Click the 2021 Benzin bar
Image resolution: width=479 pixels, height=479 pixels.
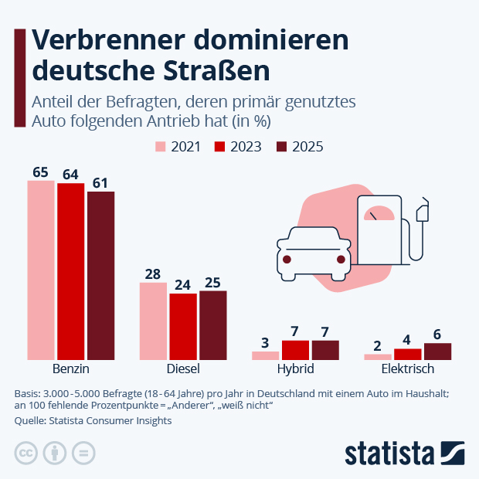pyautogui.click(x=41, y=270)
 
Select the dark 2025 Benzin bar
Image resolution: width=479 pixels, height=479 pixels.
pyautogui.click(x=100, y=275)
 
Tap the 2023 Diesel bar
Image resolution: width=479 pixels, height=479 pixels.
pyautogui.click(x=183, y=326)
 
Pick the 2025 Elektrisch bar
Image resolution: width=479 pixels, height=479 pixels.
pyautogui.click(x=437, y=352)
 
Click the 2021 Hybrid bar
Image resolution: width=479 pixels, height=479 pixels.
pyautogui.click(x=265, y=355)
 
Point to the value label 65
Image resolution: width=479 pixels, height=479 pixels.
pyautogui.click(x=41, y=172)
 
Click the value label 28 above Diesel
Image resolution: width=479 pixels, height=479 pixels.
pyautogui.click(x=153, y=273)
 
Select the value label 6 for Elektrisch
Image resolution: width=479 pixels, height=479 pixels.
pyautogui.click(x=437, y=334)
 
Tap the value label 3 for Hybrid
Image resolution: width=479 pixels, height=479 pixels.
pyautogui.click(x=265, y=342)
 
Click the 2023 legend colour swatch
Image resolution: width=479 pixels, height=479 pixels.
pyautogui.click(x=219, y=147)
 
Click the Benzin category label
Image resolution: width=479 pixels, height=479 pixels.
pyautogui.click(x=71, y=369)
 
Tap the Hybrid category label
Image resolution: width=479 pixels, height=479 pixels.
pyautogui.click(x=295, y=369)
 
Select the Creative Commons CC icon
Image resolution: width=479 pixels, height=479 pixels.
pyautogui.click(x=26, y=453)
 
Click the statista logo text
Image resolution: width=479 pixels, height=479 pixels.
pyautogui.click(x=389, y=453)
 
